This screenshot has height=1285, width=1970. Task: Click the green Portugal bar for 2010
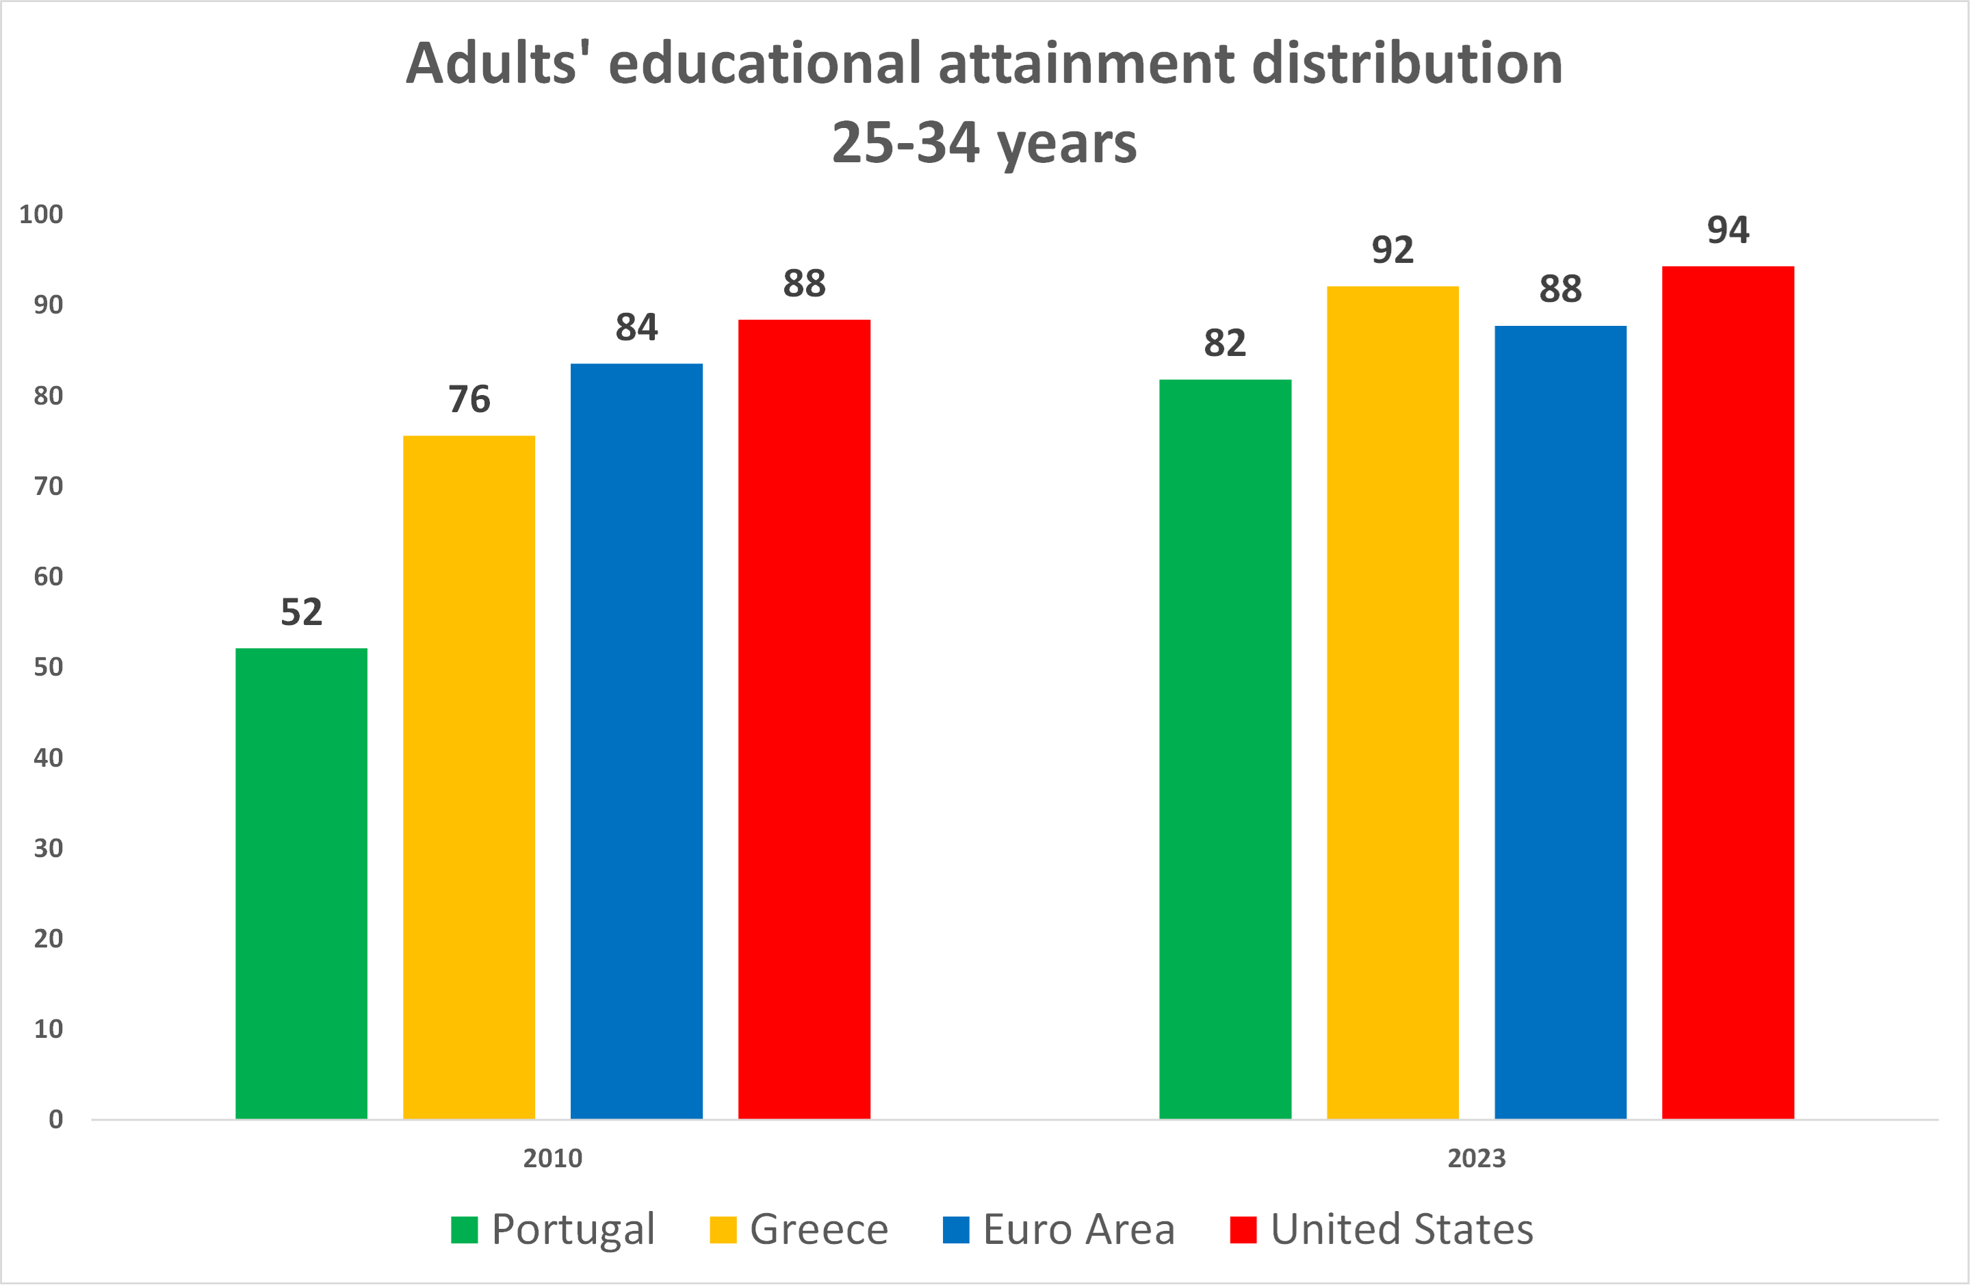pyautogui.click(x=301, y=882)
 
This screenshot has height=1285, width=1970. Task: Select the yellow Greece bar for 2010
pyautogui.click(x=469, y=776)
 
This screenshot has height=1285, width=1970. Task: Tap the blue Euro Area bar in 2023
pyautogui.click(x=1559, y=722)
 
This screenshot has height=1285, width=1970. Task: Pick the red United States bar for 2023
pyautogui.click(x=1728, y=692)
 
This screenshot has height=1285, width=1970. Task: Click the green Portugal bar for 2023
pyautogui.click(x=1224, y=748)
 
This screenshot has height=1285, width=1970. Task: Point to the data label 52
pyautogui.click(x=301, y=613)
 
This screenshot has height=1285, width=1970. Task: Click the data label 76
pyautogui.click(x=469, y=400)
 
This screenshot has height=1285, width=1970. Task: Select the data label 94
pyautogui.click(x=1728, y=230)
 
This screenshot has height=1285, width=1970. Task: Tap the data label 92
pyautogui.click(x=1392, y=250)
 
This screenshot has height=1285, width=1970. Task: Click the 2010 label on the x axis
pyautogui.click(x=552, y=1158)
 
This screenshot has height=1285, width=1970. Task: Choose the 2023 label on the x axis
pyautogui.click(x=1476, y=1158)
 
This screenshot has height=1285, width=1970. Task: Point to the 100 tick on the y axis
pyautogui.click(x=41, y=215)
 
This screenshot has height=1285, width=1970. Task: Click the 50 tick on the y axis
pyautogui.click(x=48, y=667)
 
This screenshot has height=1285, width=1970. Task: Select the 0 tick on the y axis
pyautogui.click(x=55, y=1120)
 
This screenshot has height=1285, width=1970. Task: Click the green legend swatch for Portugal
pyautogui.click(x=465, y=1230)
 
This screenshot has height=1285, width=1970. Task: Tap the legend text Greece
pyautogui.click(x=818, y=1230)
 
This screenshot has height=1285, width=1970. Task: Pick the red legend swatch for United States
pyautogui.click(x=1243, y=1230)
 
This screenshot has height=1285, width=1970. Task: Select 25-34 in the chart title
pyautogui.click(x=905, y=143)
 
